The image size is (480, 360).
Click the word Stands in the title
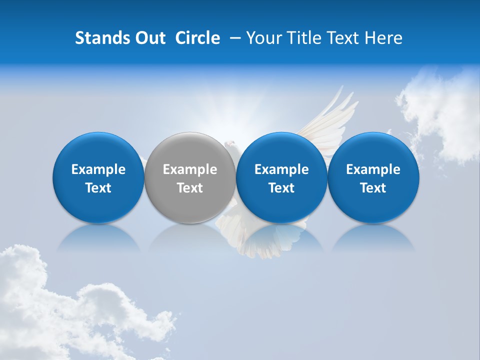[102, 38]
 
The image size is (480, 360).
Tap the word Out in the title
[150, 38]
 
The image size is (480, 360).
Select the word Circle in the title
[197, 38]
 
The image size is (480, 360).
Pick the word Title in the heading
[303, 38]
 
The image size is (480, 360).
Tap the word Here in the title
[384, 38]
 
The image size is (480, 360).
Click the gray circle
[190, 177]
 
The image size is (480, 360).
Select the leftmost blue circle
[98, 177]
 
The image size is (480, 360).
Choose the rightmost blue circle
[373, 177]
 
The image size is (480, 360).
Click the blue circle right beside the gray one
[281, 177]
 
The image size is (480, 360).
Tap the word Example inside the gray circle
[190, 169]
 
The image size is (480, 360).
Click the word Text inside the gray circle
[190, 188]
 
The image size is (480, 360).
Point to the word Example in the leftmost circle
[98, 169]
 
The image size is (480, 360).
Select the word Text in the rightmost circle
[373, 188]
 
